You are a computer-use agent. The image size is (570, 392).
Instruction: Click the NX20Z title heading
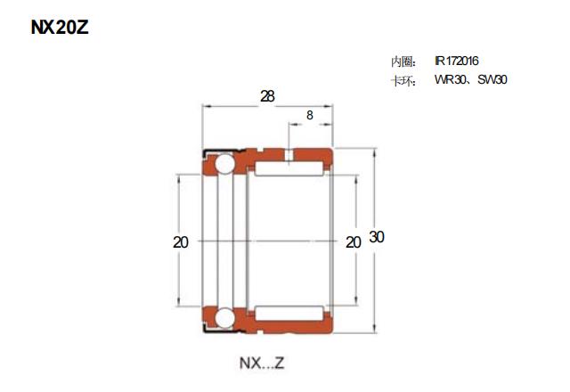(60, 28)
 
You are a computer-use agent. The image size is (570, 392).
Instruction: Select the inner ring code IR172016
(457, 61)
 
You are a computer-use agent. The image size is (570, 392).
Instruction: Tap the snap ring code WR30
(450, 79)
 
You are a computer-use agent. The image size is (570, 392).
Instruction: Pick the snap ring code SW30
(493, 79)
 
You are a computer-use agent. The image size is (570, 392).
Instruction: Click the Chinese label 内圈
(403, 61)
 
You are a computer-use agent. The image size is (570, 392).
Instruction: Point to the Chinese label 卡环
(403, 81)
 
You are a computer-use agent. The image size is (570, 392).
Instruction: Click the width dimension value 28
(267, 96)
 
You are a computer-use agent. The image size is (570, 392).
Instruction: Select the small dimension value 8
(310, 115)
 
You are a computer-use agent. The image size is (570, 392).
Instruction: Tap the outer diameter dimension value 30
(377, 237)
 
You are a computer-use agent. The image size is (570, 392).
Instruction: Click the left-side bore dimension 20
(181, 242)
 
